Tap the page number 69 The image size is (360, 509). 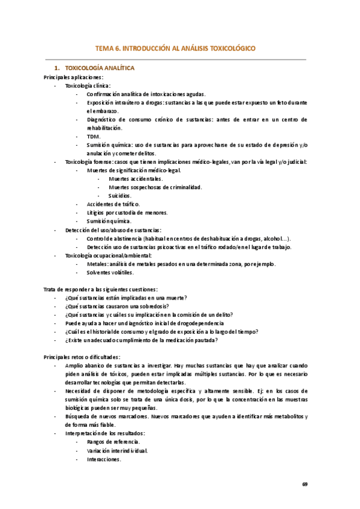305,484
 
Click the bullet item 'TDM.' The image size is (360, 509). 94,136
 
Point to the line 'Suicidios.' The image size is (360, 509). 120,196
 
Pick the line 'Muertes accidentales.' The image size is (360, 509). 136,179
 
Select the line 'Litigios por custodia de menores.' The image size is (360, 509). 127,212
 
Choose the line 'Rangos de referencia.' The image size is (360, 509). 113,442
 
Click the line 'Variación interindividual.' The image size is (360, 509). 118,451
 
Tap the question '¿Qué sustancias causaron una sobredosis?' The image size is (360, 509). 122,306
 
